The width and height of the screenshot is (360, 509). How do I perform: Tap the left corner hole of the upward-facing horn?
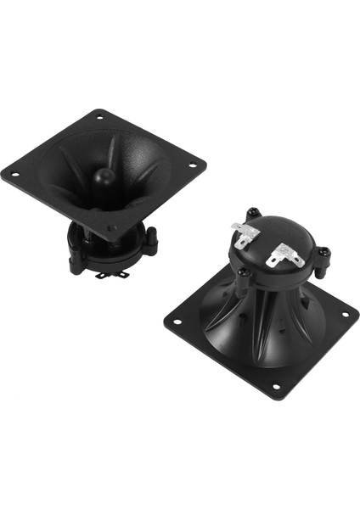point(14,176)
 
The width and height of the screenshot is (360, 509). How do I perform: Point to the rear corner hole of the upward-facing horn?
point(100,115)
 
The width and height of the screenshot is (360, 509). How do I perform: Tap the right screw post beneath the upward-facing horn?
point(151,243)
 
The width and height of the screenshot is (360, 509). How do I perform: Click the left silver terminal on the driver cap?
point(244,235)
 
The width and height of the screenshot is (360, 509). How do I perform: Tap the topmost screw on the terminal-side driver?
point(251,212)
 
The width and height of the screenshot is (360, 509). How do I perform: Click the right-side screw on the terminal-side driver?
point(323,252)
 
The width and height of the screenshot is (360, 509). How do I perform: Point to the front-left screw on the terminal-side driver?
point(243,272)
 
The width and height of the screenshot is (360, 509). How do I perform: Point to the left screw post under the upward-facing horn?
point(76,260)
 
